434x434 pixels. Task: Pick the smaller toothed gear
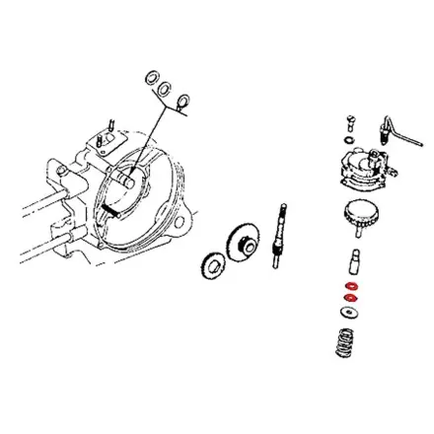212,264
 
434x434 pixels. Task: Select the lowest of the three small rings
184,102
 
